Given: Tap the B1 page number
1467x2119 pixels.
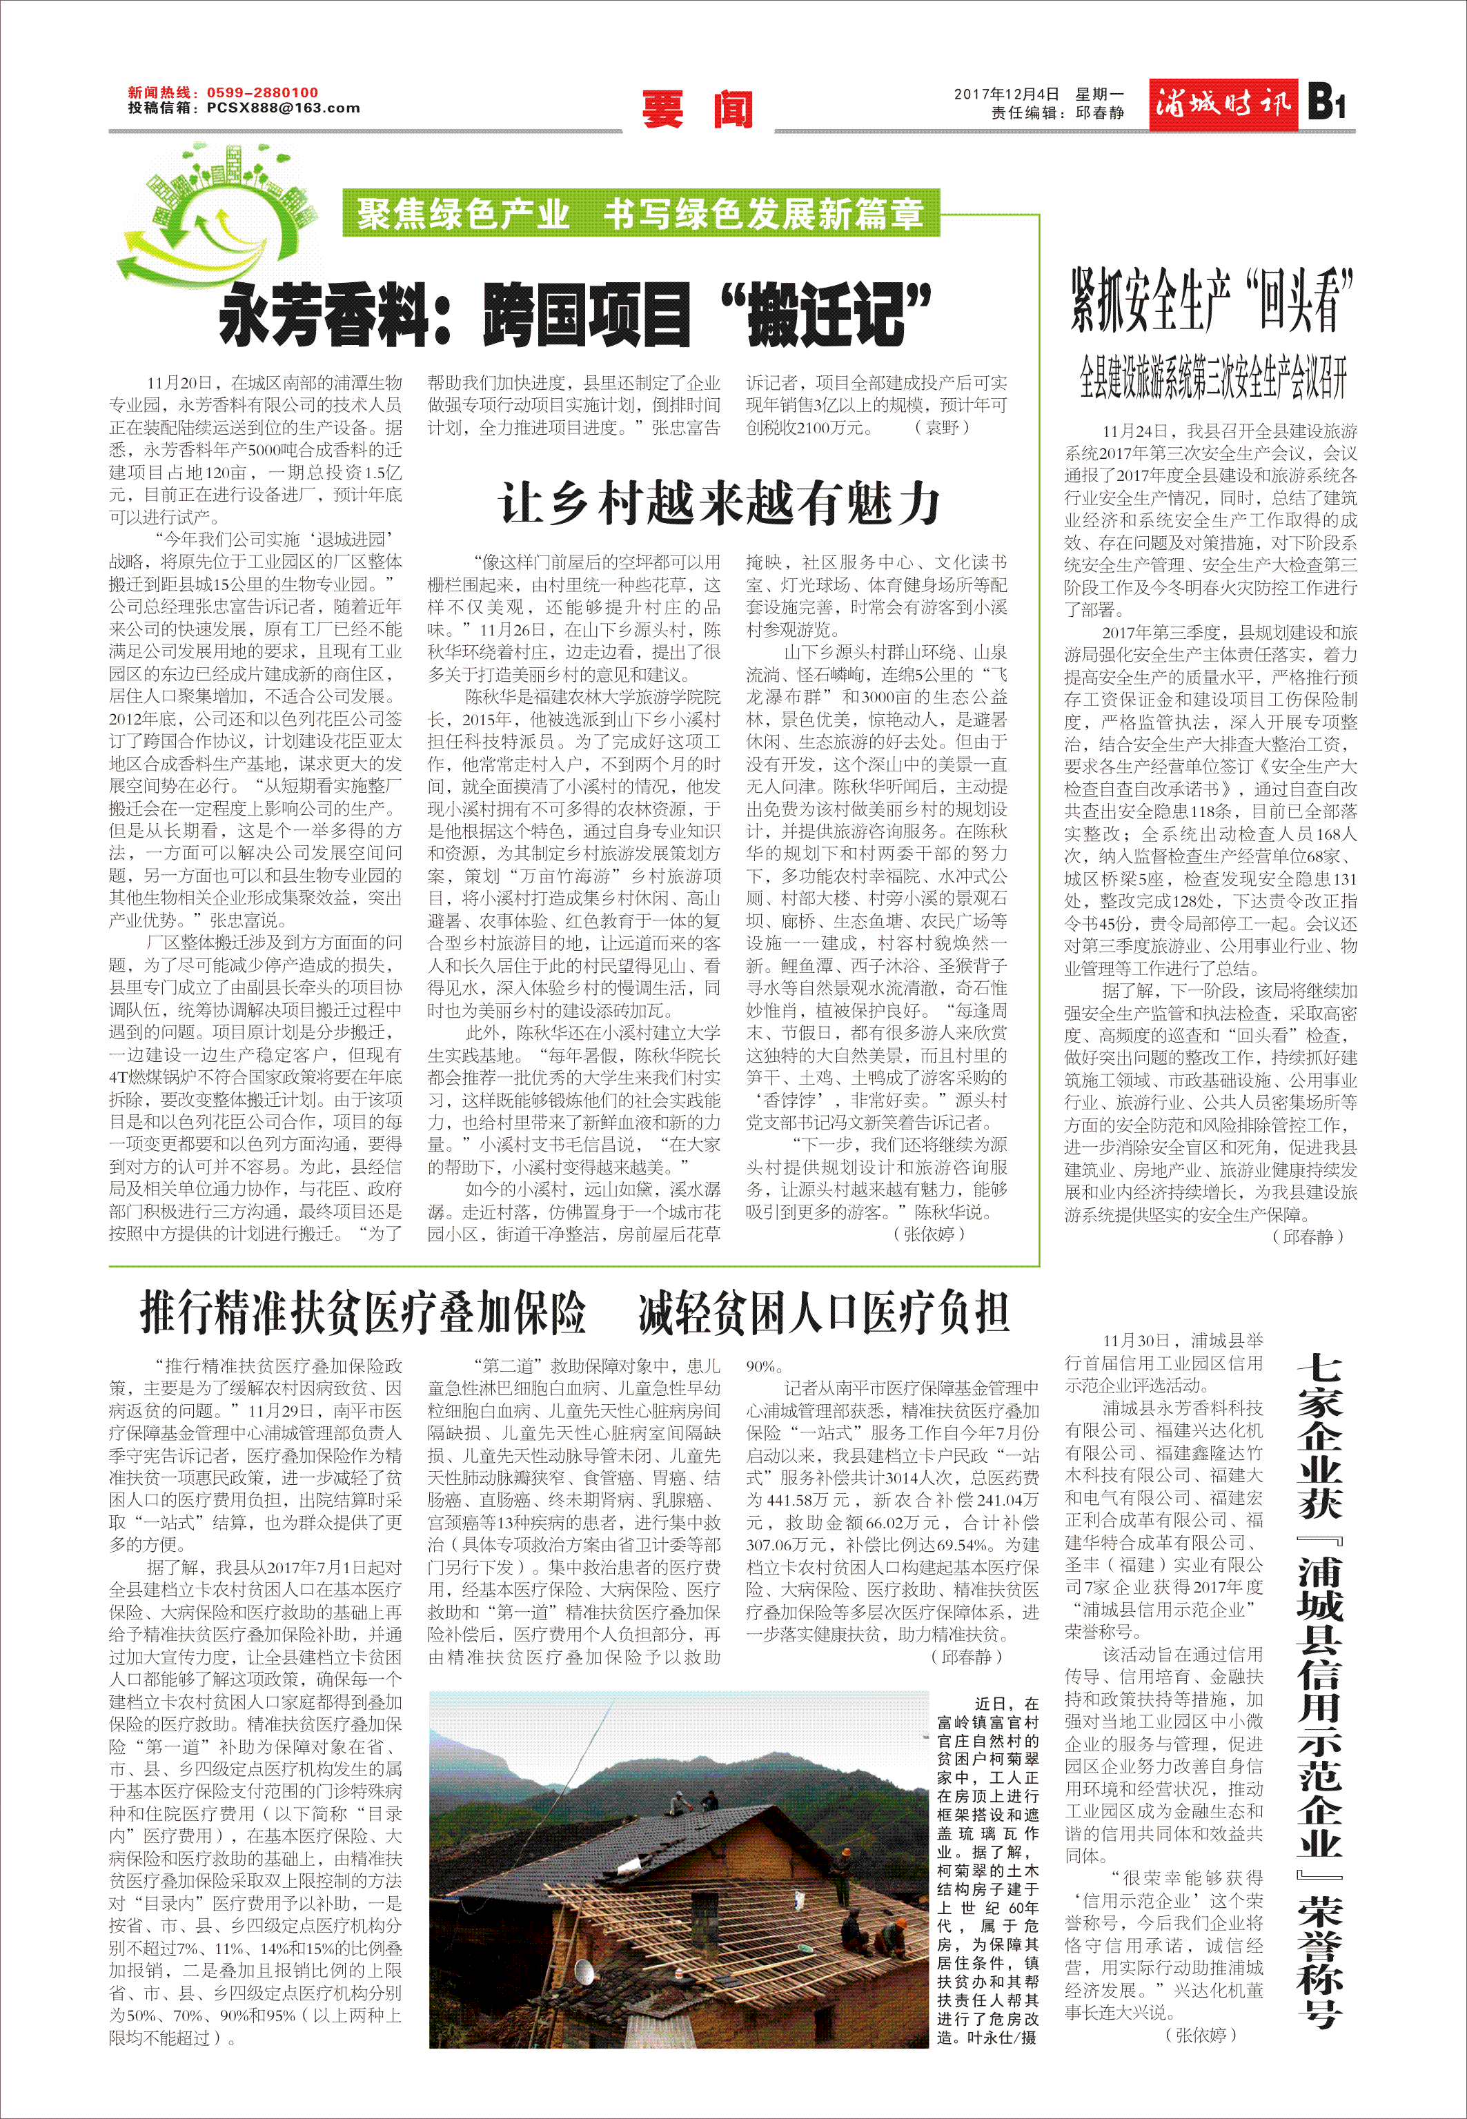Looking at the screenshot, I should [1326, 103].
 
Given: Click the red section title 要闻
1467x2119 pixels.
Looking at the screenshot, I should [698, 109].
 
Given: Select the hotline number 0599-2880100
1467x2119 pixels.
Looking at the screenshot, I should [262, 92].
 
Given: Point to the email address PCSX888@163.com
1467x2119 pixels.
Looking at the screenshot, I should [283, 108].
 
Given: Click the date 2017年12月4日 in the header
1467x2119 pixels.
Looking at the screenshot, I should [1007, 94].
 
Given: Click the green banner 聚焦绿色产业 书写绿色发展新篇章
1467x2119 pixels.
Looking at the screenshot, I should [640, 213].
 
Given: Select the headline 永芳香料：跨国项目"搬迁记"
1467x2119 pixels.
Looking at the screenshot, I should [575, 314].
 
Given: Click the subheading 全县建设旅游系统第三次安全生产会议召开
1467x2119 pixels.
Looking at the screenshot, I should [1212, 377].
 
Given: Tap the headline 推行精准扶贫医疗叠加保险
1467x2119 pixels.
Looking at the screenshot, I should [363, 1311].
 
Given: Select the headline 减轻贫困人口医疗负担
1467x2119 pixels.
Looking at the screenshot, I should [824, 1311].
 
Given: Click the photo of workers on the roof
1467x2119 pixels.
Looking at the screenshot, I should [678, 1868].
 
